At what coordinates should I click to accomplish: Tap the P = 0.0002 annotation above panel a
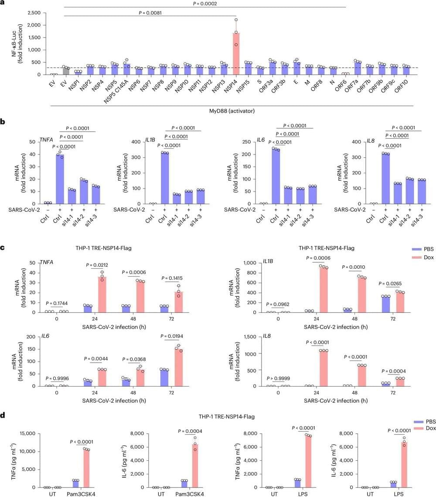click(205, 4)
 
